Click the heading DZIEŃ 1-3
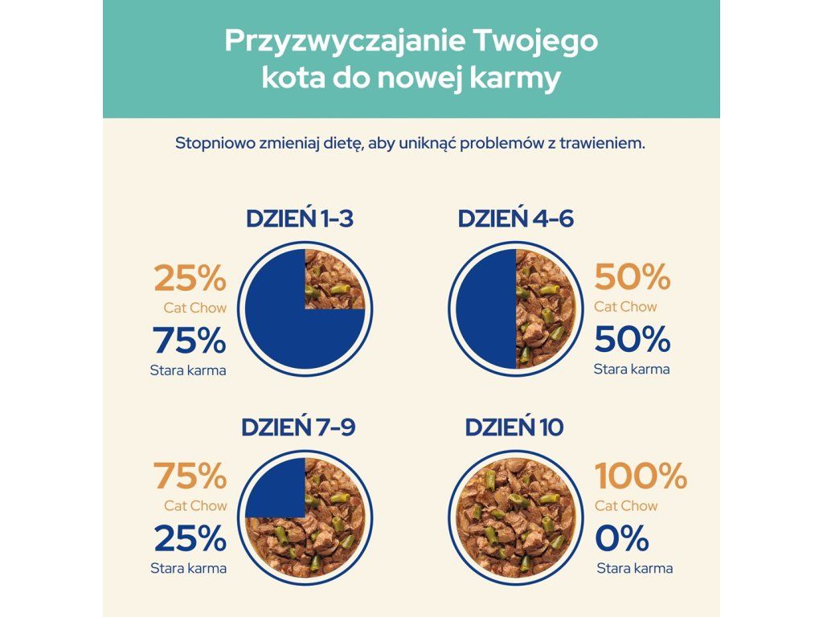tap(300, 219)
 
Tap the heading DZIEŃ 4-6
tap(515, 219)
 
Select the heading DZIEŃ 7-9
tap(298, 427)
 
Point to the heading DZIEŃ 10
tap(514, 427)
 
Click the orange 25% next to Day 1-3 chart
tap(190, 278)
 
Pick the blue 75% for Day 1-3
tap(190, 340)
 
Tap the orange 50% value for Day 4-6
tap(633, 277)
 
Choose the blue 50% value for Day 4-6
tap(633, 339)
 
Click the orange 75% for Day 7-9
tap(190, 476)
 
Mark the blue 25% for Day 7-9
tap(190, 538)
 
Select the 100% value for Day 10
tap(641, 476)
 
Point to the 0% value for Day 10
tap(622, 538)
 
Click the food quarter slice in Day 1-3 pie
tap(334, 279)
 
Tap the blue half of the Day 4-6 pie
tap(486, 309)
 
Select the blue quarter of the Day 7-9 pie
tap(276, 488)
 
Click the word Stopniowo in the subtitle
tap(215, 144)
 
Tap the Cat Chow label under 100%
tap(625, 506)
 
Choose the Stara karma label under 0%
tap(635, 568)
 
